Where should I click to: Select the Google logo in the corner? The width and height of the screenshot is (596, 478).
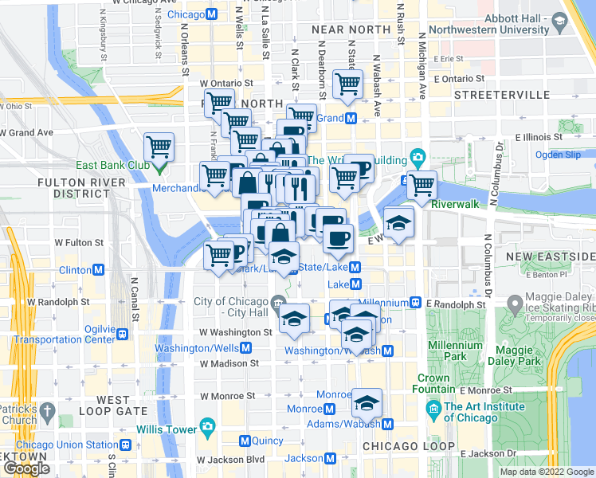[26, 468]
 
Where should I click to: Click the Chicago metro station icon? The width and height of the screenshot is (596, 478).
[211, 15]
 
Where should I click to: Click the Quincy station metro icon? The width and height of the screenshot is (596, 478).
[245, 441]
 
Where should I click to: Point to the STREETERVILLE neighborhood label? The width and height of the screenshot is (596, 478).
[492, 95]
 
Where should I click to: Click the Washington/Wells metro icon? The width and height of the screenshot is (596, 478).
[247, 348]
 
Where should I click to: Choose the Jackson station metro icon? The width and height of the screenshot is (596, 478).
[331, 458]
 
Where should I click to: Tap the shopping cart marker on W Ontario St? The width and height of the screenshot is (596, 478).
[347, 83]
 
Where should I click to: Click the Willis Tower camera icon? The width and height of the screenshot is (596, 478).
[208, 425]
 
